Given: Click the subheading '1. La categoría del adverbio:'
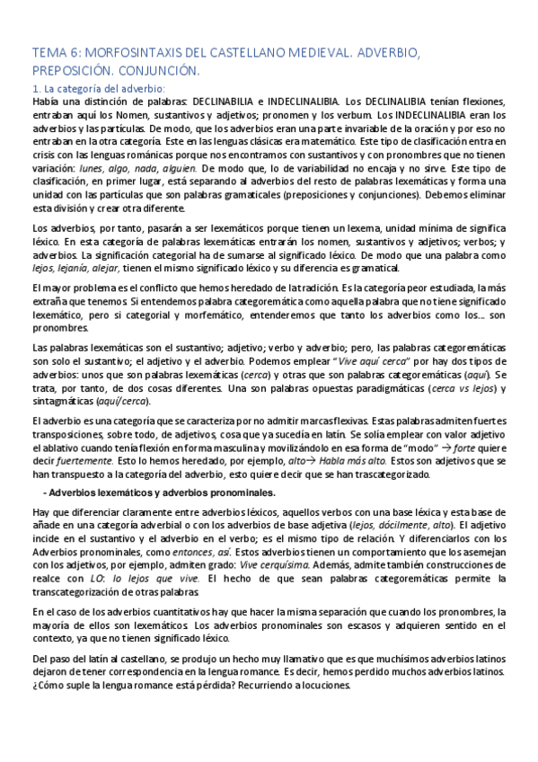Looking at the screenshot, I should [99, 88].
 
